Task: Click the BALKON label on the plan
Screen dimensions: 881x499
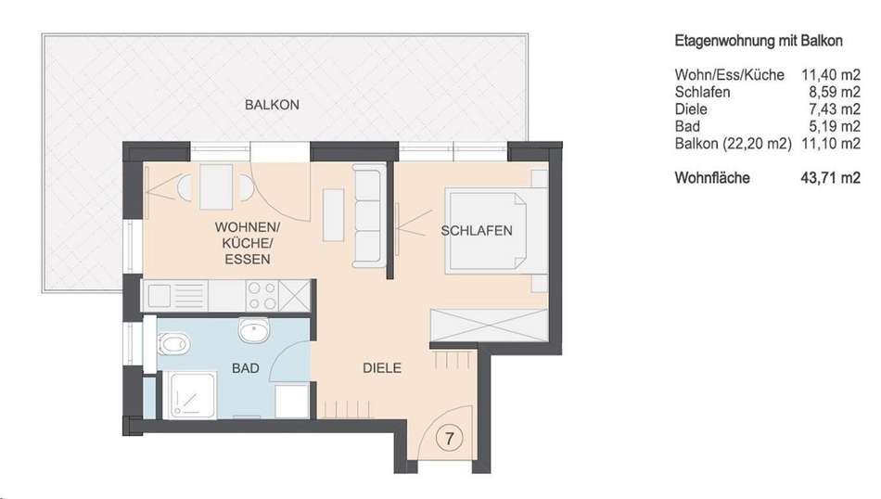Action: coord(272,105)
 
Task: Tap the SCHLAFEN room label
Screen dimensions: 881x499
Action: coord(477,231)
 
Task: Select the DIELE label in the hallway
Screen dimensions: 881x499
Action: coord(382,368)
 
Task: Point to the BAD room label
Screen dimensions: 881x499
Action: coord(246,368)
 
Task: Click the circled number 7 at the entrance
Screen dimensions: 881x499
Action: coord(449,438)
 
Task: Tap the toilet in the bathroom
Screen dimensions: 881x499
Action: coord(173,343)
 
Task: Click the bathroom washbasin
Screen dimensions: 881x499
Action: coord(254,330)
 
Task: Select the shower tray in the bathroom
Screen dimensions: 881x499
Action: coord(193,396)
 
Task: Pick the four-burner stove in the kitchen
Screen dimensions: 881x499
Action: coord(262,296)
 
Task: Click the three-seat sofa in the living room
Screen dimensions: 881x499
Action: coord(368,216)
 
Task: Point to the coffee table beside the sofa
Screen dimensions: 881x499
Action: coord(333,215)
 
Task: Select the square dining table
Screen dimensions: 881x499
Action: coord(216,186)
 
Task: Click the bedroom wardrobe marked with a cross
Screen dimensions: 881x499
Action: coord(488,325)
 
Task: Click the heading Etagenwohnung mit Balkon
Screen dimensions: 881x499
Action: coord(759,41)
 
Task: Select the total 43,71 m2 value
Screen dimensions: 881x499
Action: coord(830,178)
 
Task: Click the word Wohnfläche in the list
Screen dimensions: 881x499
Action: coord(712,178)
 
